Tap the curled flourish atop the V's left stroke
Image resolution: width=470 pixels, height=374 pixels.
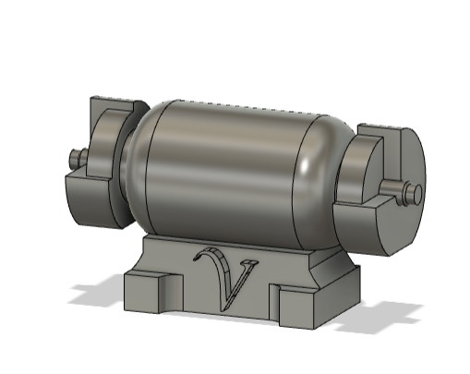click(x=209, y=256)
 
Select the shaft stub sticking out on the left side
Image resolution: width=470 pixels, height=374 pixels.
click(x=75, y=159)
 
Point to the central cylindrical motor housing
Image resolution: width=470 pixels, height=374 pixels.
click(x=222, y=166)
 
